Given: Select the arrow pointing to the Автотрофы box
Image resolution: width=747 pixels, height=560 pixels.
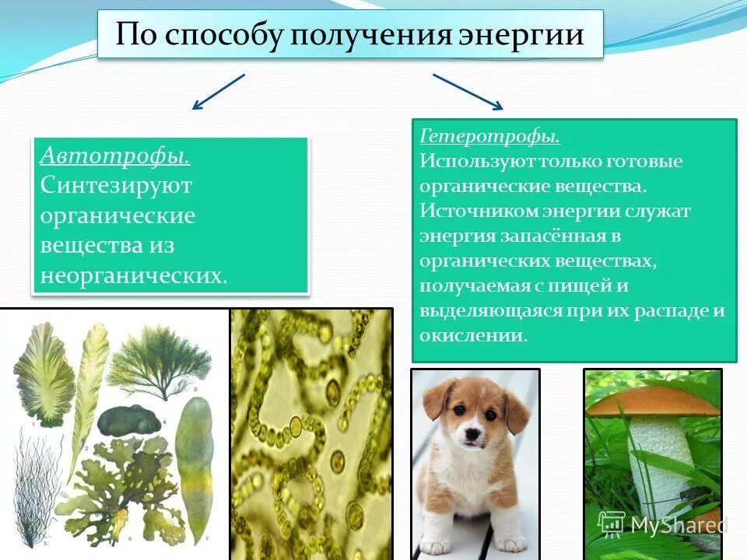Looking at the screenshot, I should [x=218, y=92].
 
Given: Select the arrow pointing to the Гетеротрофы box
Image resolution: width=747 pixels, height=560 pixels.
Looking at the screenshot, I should [x=468, y=92].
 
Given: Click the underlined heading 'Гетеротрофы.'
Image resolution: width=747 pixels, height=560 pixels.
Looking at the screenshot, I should [x=489, y=136].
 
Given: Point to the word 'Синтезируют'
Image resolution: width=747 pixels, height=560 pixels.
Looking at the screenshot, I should [x=117, y=186].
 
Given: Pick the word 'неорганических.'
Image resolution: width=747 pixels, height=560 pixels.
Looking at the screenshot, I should [x=134, y=275].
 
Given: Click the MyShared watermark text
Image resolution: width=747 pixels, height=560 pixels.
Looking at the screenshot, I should [x=677, y=525].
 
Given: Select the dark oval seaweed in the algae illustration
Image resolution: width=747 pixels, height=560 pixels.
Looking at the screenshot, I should [x=129, y=420].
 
